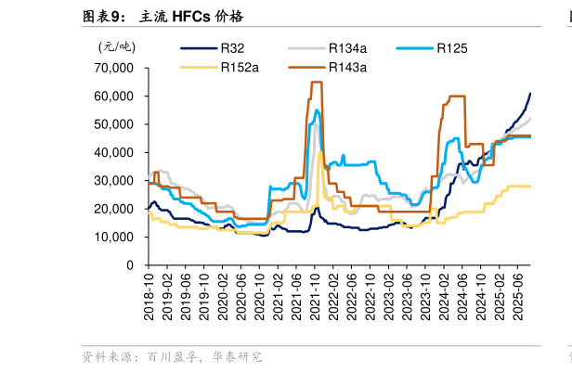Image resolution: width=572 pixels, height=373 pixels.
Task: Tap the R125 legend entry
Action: (450, 48)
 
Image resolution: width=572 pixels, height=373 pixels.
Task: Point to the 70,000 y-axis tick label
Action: (114, 69)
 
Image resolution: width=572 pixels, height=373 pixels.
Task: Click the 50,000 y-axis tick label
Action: (114, 124)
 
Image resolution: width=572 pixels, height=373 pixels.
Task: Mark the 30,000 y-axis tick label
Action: (114, 181)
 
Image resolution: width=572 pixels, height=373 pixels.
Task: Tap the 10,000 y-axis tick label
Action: (114, 238)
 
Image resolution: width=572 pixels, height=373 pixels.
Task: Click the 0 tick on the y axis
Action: (130, 265)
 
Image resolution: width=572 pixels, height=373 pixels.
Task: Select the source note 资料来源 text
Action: (172, 356)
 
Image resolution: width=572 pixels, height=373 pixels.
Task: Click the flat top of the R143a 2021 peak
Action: (316, 83)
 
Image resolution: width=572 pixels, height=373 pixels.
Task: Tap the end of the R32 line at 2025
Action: (530, 93)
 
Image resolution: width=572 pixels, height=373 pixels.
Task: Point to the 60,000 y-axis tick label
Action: (114, 96)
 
